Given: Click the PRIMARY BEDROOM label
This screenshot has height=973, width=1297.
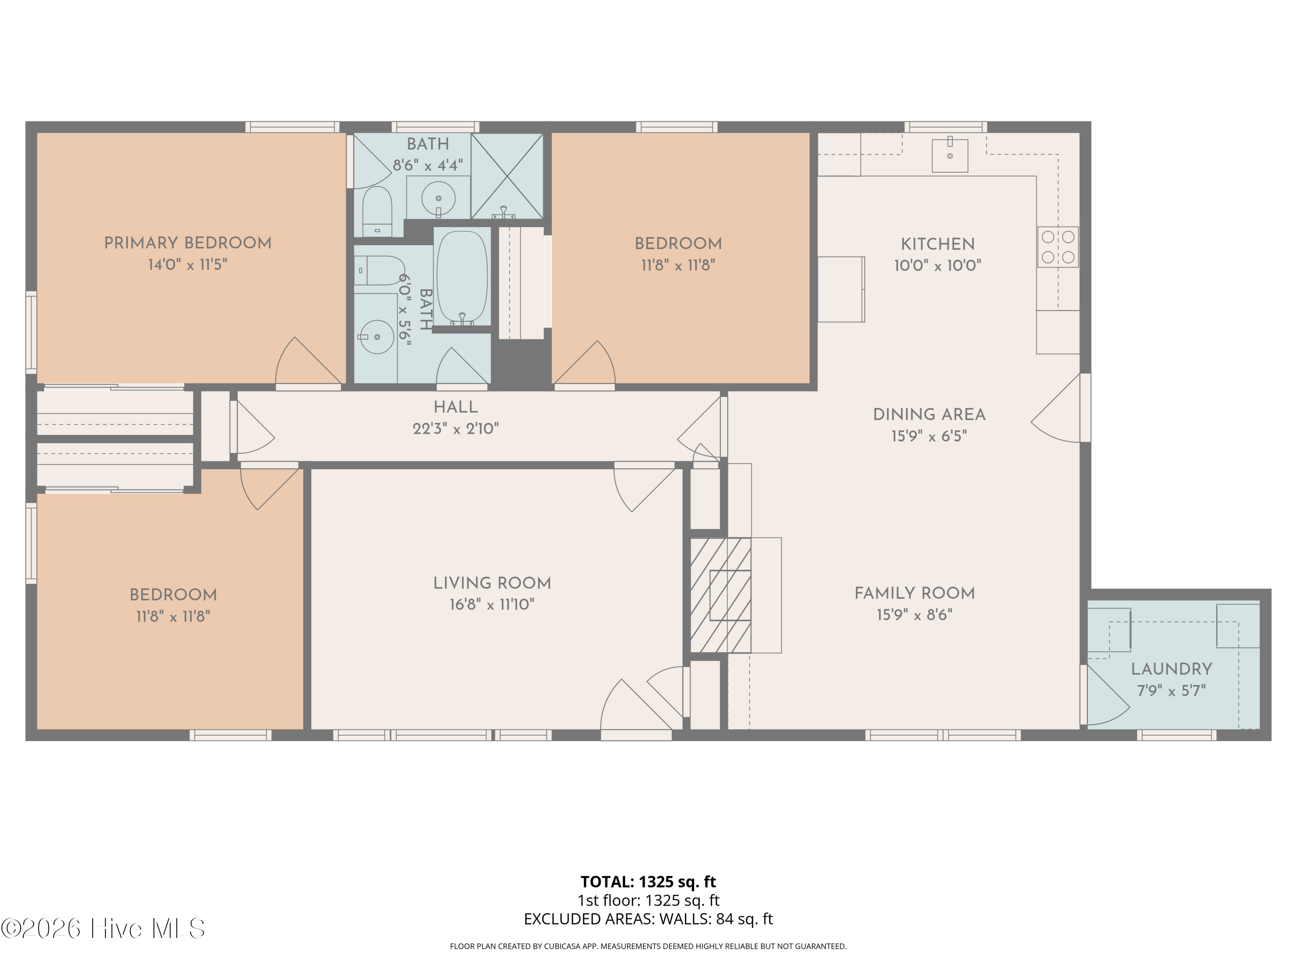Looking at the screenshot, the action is point(188,243).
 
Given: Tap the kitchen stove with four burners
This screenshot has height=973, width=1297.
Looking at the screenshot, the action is point(1058,247).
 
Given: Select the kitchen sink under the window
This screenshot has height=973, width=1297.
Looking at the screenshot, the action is point(950,155).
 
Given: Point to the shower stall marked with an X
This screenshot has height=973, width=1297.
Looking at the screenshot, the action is point(507,176).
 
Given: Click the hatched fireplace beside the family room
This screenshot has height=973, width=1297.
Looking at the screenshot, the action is point(721,595).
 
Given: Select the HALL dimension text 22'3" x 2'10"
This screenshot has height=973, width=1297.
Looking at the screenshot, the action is point(456,429).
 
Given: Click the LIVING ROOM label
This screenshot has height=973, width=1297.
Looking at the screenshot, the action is point(492,583).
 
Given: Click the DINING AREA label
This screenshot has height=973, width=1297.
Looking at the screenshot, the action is point(930,415).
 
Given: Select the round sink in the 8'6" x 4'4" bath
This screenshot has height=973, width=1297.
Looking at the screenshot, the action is point(438,198).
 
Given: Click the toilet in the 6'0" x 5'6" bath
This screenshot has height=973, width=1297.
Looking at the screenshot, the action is point(379,270).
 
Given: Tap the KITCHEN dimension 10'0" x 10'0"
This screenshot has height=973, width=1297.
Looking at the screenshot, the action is point(938,266).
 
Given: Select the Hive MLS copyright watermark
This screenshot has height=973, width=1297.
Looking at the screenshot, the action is point(103,928).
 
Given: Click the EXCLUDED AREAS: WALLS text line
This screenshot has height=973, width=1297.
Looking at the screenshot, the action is point(648,919).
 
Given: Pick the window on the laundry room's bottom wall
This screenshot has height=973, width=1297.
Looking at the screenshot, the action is point(1177,735).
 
